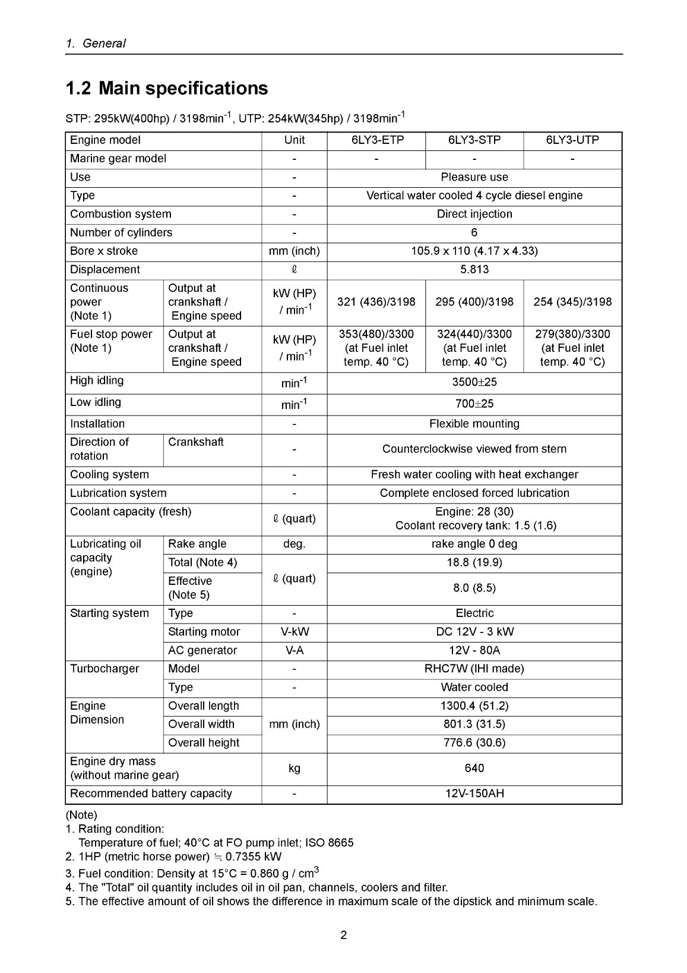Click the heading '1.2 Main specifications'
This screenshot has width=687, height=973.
click(x=166, y=89)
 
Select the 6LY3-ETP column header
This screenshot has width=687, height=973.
click(x=376, y=140)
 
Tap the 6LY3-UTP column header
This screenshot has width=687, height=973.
click(x=572, y=140)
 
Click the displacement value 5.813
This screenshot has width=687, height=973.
click(x=474, y=270)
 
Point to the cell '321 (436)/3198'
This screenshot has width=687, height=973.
click(x=376, y=302)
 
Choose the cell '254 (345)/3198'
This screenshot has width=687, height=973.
click(x=572, y=302)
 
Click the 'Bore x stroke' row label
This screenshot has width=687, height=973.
click(x=104, y=251)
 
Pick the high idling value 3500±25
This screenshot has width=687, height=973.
click(x=474, y=383)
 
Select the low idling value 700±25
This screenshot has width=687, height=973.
click(x=474, y=404)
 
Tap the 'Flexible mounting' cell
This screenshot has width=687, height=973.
click(x=474, y=424)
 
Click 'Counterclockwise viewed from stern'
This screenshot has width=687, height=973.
click(x=474, y=449)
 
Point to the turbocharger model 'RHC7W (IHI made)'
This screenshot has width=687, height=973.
click(x=474, y=669)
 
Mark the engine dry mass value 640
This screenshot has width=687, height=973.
click(x=474, y=769)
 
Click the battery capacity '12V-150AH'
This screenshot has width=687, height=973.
click(x=474, y=794)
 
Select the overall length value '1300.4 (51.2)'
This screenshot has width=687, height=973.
click(x=474, y=706)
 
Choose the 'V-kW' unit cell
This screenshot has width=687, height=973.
click(x=295, y=632)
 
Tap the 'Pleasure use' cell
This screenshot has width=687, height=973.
click(x=474, y=178)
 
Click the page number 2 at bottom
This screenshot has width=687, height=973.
click(x=343, y=936)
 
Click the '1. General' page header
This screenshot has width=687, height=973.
click(x=96, y=43)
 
